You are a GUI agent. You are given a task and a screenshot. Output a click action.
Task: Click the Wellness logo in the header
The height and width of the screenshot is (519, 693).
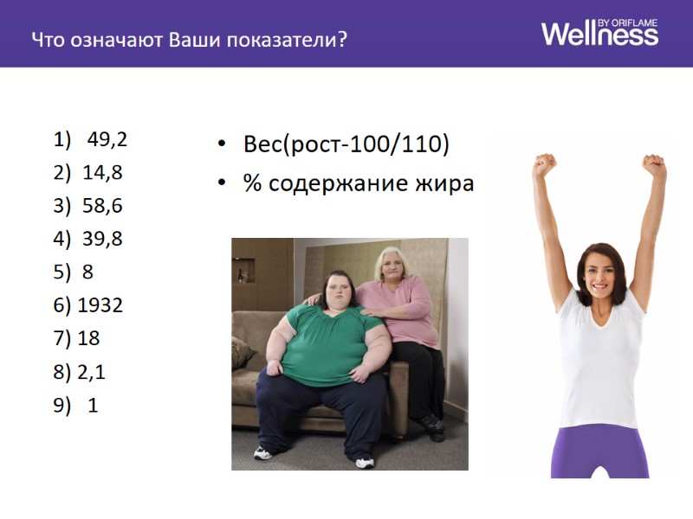pos(599,35)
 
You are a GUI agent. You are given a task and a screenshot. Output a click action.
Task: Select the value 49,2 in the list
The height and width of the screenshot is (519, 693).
pos(107,140)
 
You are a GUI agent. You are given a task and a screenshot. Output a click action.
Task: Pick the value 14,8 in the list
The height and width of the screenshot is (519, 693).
pos(102,172)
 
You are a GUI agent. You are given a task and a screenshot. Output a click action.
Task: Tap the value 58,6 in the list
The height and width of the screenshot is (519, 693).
pos(102,206)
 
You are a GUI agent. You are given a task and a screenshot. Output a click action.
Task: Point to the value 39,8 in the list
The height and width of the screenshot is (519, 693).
pos(102,239)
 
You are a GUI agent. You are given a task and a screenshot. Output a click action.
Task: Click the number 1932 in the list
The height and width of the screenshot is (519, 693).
pos(100,304)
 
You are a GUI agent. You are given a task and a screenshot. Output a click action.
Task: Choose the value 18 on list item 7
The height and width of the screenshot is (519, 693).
pos(88,338)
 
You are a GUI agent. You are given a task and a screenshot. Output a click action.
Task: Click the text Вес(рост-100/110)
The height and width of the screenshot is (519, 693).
pos(346,144)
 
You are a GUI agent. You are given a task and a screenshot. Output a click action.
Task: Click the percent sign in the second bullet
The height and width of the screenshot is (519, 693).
pos(253,183)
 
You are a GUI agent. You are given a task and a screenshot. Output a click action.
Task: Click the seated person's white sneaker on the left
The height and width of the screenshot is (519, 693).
pos(263,452)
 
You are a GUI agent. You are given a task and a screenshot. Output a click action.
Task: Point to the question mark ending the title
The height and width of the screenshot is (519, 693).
pos(343,40)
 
